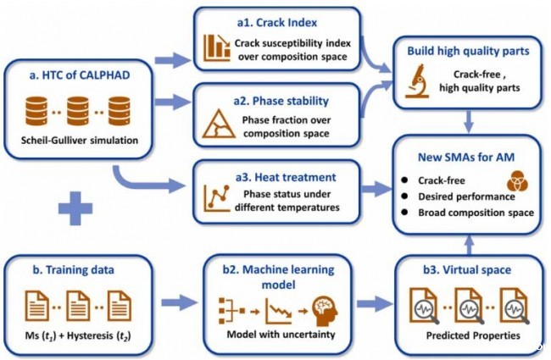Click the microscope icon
[x=417, y=81]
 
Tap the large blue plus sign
[x=75, y=208]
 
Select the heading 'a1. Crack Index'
[x=277, y=23]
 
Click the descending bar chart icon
[x=217, y=47]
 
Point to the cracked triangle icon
[x=219, y=124]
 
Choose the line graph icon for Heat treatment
[x=217, y=198]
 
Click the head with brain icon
[x=325, y=311]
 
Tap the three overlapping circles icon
[x=517, y=181]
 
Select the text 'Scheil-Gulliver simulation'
[x=80, y=141]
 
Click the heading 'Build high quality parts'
[x=468, y=51]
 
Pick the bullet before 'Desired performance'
[x=404, y=196]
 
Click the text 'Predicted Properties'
[x=473, y=335]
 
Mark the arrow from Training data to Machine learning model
[x=180, y=302]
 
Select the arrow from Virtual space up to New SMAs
[x=469, y=245]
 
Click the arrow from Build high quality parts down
[x=469, y=121]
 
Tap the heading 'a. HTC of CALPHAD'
[x=80, y=75]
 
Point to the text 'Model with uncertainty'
[x=281, y=334]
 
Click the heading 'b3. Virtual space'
[x=467, y=269]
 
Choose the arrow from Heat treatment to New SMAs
[x=376, y=189]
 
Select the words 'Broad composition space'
[x=476, y=213]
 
